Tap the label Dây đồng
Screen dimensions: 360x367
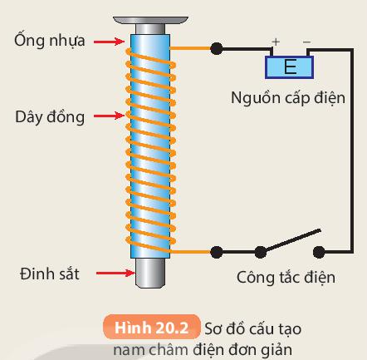[x=48, y=116]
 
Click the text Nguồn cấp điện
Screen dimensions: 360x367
[x=287, y=100]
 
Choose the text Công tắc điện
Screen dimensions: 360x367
[x=286, y=277]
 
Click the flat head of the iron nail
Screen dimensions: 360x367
[x=149, y=16]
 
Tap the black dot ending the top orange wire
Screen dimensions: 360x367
[x=217, y=48]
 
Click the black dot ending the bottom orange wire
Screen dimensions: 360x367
[x=217, y=250]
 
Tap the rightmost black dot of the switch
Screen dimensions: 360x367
[x=320, y=250]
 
